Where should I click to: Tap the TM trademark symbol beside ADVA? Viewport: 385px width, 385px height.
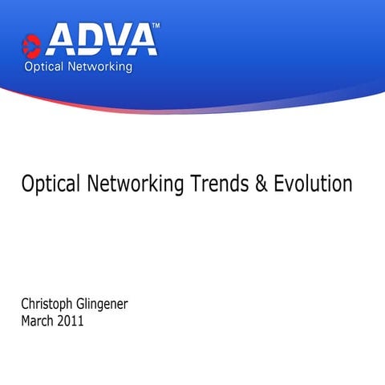tap(156, 26)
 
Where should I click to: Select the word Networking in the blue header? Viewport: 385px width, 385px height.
tap(99, 67)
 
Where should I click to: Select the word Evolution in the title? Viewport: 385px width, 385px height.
tap(313, 184)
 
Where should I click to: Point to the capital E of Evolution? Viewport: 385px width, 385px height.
tap(279, 184)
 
